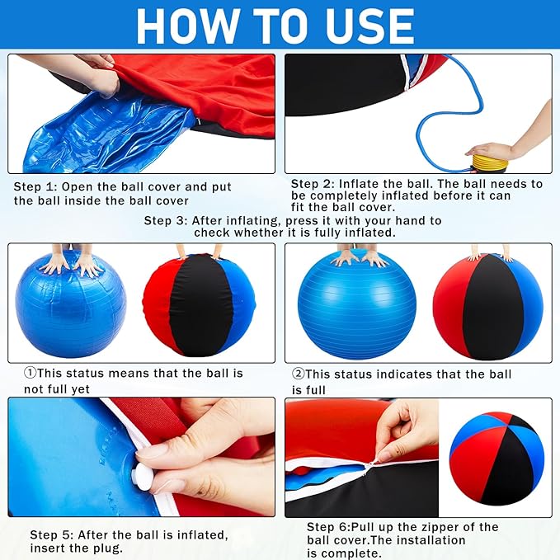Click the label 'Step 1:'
click(35, 186)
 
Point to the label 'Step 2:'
click(312, 184)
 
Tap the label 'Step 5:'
click(51, 535)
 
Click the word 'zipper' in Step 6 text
click(440, 527)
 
